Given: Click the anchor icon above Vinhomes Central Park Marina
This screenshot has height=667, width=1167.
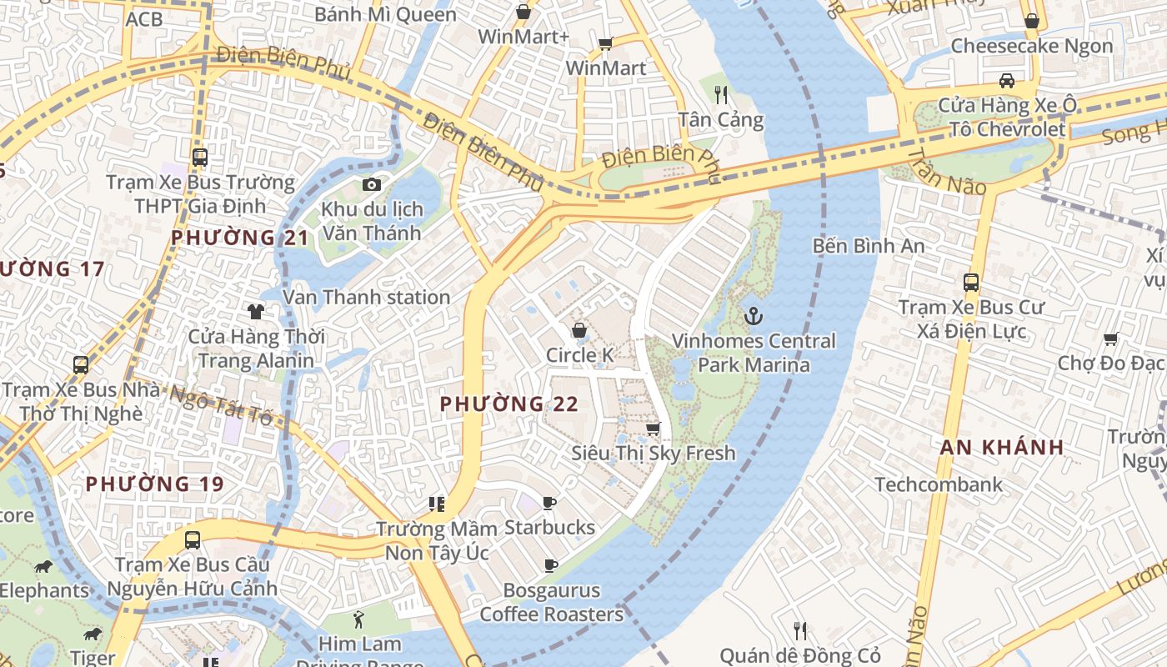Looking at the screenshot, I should [754, 316].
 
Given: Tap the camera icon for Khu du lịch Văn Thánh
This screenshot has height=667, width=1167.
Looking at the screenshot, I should [372, 184].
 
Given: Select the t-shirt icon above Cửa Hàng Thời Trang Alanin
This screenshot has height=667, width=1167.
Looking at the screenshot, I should [256, 312].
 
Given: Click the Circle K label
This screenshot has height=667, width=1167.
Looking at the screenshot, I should [579, 355].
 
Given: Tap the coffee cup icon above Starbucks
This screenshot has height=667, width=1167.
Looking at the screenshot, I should [549, 503].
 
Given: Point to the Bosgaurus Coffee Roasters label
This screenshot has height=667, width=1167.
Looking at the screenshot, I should [551, 603].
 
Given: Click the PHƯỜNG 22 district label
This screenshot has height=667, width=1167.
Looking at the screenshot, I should [508, 404].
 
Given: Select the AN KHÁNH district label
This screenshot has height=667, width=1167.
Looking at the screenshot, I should [1002, 447].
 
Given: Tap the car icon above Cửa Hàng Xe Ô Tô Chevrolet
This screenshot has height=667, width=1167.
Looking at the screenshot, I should [1007, 81].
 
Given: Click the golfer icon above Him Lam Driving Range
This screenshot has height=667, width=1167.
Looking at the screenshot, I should [359, 619].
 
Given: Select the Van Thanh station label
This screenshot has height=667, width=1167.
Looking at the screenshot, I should [367, 297].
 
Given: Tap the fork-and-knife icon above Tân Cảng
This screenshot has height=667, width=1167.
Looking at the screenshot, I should [721, 94].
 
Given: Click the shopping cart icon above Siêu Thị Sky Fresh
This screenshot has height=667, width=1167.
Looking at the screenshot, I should [654, 429].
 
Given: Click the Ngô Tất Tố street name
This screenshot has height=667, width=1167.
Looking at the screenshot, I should [222, 404].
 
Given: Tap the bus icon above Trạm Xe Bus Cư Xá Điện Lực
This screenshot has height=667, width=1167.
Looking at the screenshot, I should [971, 283].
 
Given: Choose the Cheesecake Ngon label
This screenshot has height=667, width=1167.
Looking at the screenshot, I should [1032, 46].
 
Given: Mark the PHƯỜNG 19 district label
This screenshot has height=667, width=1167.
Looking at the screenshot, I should [155, 484].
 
